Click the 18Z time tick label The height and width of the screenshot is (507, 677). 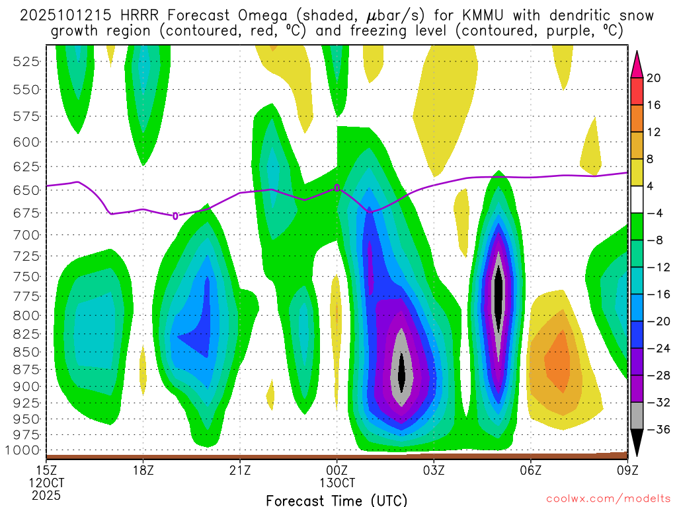click(143, 470)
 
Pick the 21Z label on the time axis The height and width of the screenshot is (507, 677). click(240, 470)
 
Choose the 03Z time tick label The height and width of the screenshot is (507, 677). click(434, 470)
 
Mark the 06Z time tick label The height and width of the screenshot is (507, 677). click(531, 470)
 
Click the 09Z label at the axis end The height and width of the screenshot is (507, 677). click(627, 470)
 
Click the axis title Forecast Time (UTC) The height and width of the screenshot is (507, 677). click(337, 500)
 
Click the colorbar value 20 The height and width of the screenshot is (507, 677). click(654, 78)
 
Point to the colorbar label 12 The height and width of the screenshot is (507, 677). click(654, 132)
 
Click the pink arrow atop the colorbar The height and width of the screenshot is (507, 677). click(637, 64)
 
